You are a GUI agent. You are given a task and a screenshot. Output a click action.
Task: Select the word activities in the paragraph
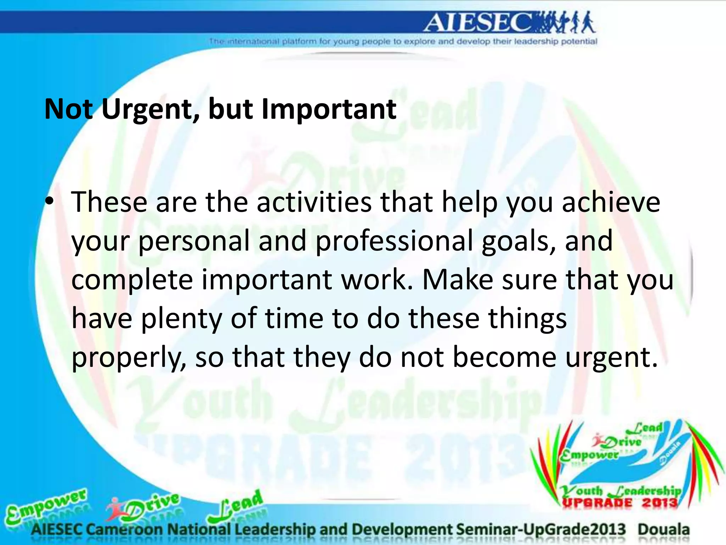pos(314,202)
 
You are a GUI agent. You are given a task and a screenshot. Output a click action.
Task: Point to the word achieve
pos(611,202)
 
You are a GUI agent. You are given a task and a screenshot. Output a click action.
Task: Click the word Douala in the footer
pos(664,529)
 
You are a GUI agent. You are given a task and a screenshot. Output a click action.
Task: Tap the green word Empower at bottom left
pos(46,506)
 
